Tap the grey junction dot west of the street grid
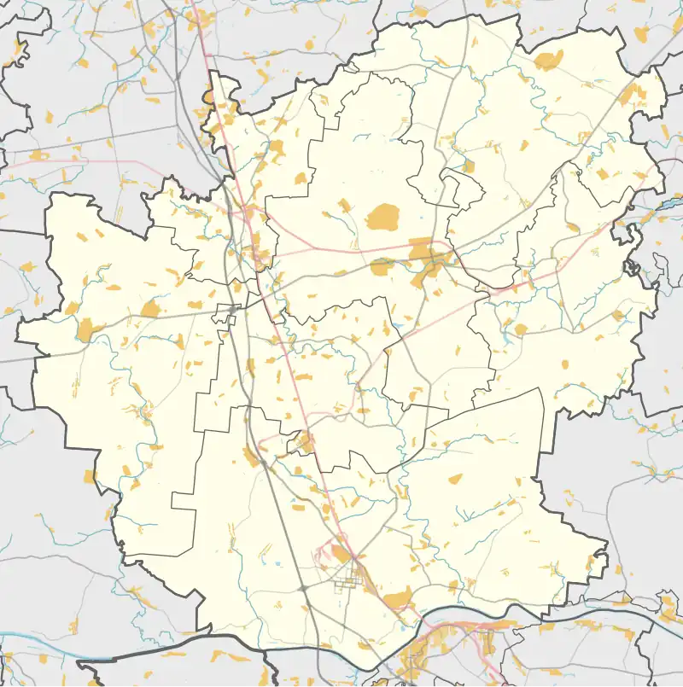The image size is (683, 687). (x=303, y=588)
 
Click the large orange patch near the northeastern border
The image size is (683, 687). (x=547, y=61)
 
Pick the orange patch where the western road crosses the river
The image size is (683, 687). (x=86, y=329)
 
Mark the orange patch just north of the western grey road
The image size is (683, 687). (x=150, y=308)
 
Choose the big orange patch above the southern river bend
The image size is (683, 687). (x=397, y=601)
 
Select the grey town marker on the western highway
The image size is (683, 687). (x=234, y=309)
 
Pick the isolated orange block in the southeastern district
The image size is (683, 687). (x=455, y=479)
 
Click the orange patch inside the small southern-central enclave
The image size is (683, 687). (x=304, y=442)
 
